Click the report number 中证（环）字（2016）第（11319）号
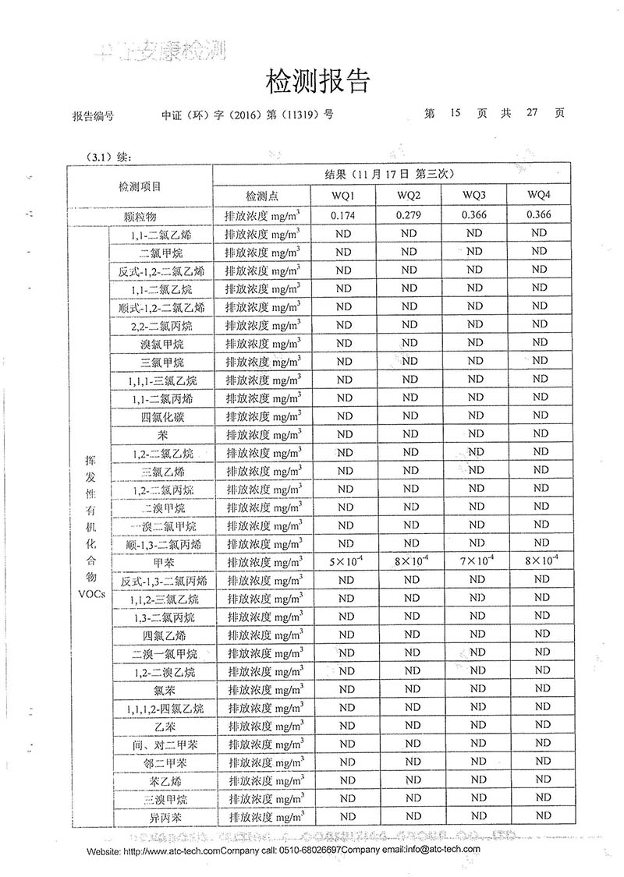click(246, 114)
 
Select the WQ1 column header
click(344, 194)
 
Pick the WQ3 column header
click(474, 194)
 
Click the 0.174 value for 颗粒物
click(344, 214)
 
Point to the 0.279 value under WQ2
click(409, 214)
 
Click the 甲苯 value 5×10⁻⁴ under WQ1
click(344, 561)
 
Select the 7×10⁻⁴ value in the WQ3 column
click(474, 561)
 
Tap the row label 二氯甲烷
click(161, 252)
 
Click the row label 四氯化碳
click(161, 416)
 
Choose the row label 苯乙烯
click(161, 780)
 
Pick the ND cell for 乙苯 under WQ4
click(539, 725)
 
